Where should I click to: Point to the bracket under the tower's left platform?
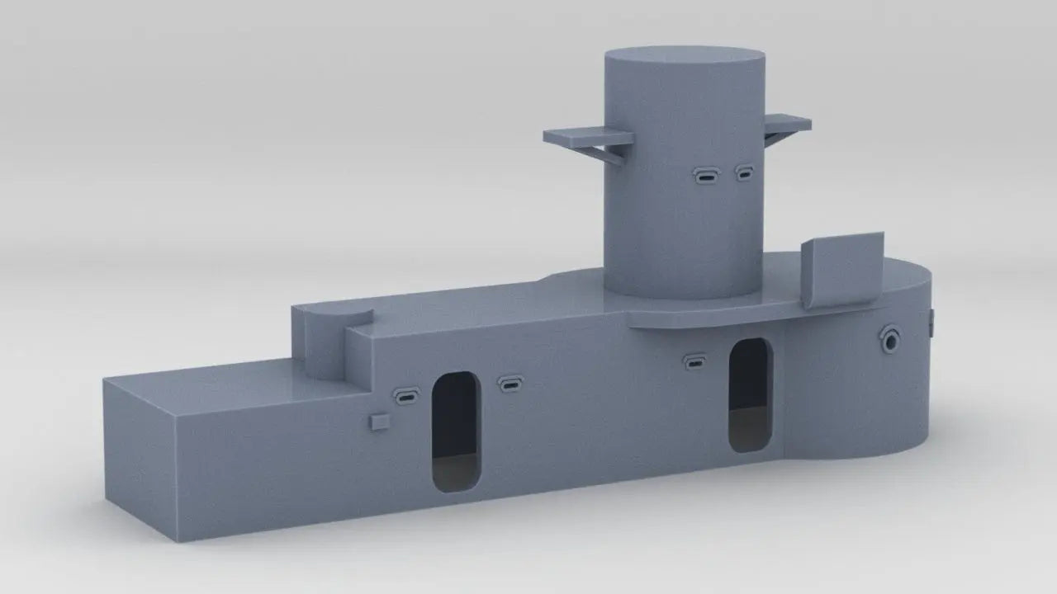[609, 151]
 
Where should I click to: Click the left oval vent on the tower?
[707, 175]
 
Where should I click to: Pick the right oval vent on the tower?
[745, 173]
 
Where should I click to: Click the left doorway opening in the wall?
[455, 431]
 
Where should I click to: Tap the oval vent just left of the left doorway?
[406, 395]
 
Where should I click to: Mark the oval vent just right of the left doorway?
[510, 384]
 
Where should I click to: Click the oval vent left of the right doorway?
[694, 361]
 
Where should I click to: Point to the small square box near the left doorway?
[380, 422]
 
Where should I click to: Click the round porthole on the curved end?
[890, 338]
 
